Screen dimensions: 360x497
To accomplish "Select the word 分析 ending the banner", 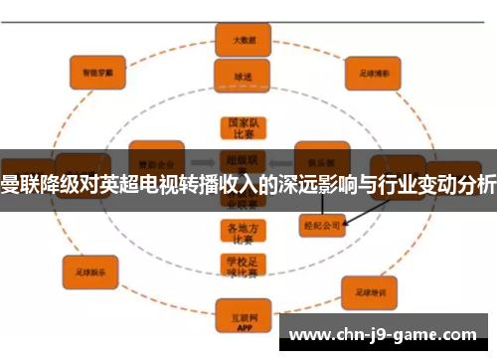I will pos(476,181).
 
